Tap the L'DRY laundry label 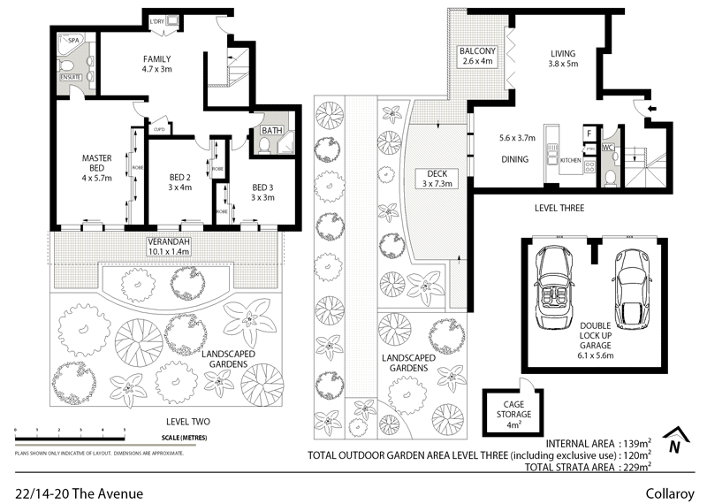pyautogui.click(x=158, y=22)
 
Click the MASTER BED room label pyautogui.click(x=96, y=164)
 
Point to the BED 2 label pyautogui.click(x=179, y=181)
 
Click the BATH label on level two pyautogui.click(x=271, y=132)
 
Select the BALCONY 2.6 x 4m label pyautogui.click(x=477, y=57)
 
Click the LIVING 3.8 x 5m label pyautogui.click(x=564, y=58)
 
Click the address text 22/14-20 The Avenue pyautogui.click(x=78, y=493)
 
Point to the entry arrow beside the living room pyautogui.click(x=651, y=108)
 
